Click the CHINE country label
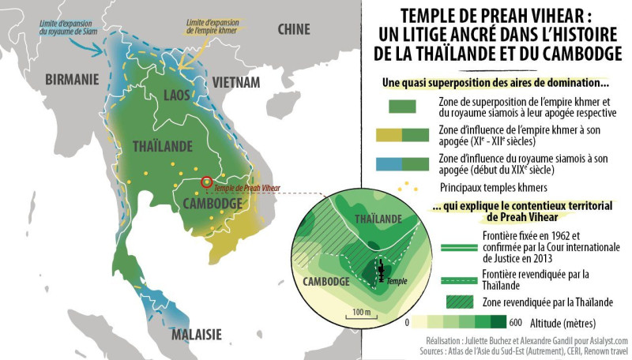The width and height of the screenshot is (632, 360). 294,29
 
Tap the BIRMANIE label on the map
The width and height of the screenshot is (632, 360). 72,79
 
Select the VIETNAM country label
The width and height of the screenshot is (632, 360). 235,82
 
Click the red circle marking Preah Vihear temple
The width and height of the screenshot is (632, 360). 207,182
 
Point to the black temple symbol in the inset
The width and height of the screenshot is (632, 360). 381,272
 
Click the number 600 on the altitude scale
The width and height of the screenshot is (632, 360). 516,322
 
